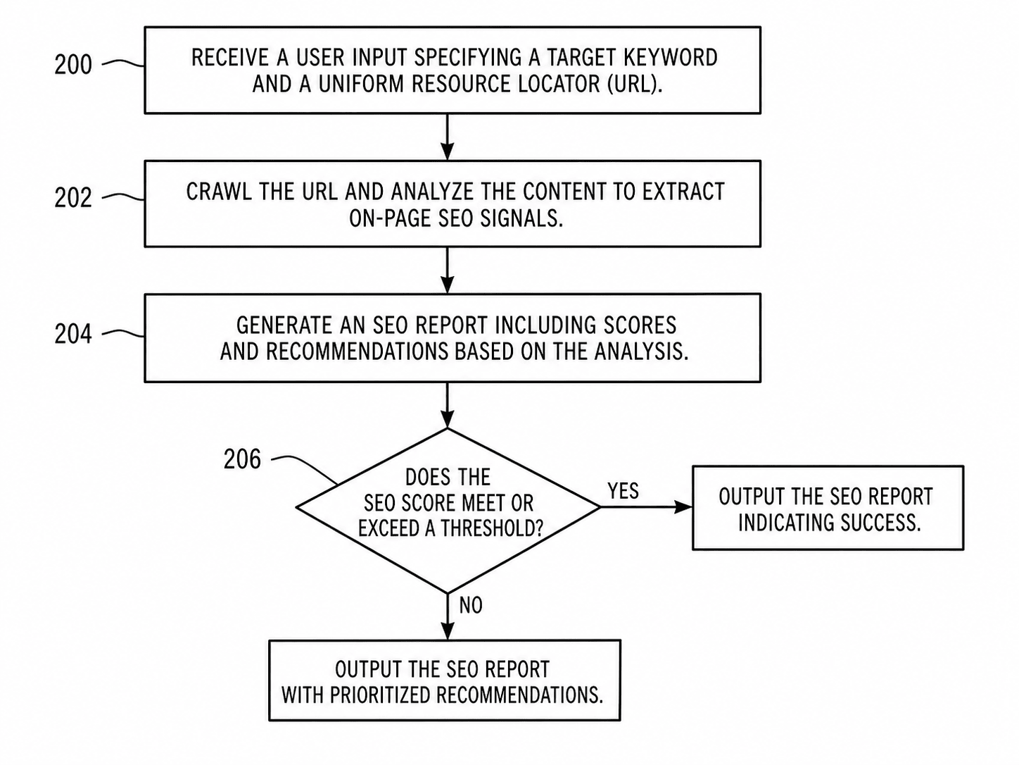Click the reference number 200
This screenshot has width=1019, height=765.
(73, 65)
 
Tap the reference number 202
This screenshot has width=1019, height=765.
(73, 198)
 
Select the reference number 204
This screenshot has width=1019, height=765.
(73, 334)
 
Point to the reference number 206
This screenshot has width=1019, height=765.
(242, 459)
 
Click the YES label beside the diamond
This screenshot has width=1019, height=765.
(623, 491)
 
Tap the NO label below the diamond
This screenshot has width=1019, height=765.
(471, 605)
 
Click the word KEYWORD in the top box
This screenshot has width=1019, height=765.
(671, 58)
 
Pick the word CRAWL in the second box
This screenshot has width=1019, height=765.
(219, 192)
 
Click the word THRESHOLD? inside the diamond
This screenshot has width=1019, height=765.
(492, 528)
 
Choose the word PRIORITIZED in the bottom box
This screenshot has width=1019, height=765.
(381, 695)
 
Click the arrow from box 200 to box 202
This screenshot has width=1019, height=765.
(447, 137)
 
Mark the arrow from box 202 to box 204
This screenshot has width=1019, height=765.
(447, 270)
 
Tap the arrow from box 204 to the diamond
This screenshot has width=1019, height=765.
(447, 405)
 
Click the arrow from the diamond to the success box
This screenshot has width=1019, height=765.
(646, 506)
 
